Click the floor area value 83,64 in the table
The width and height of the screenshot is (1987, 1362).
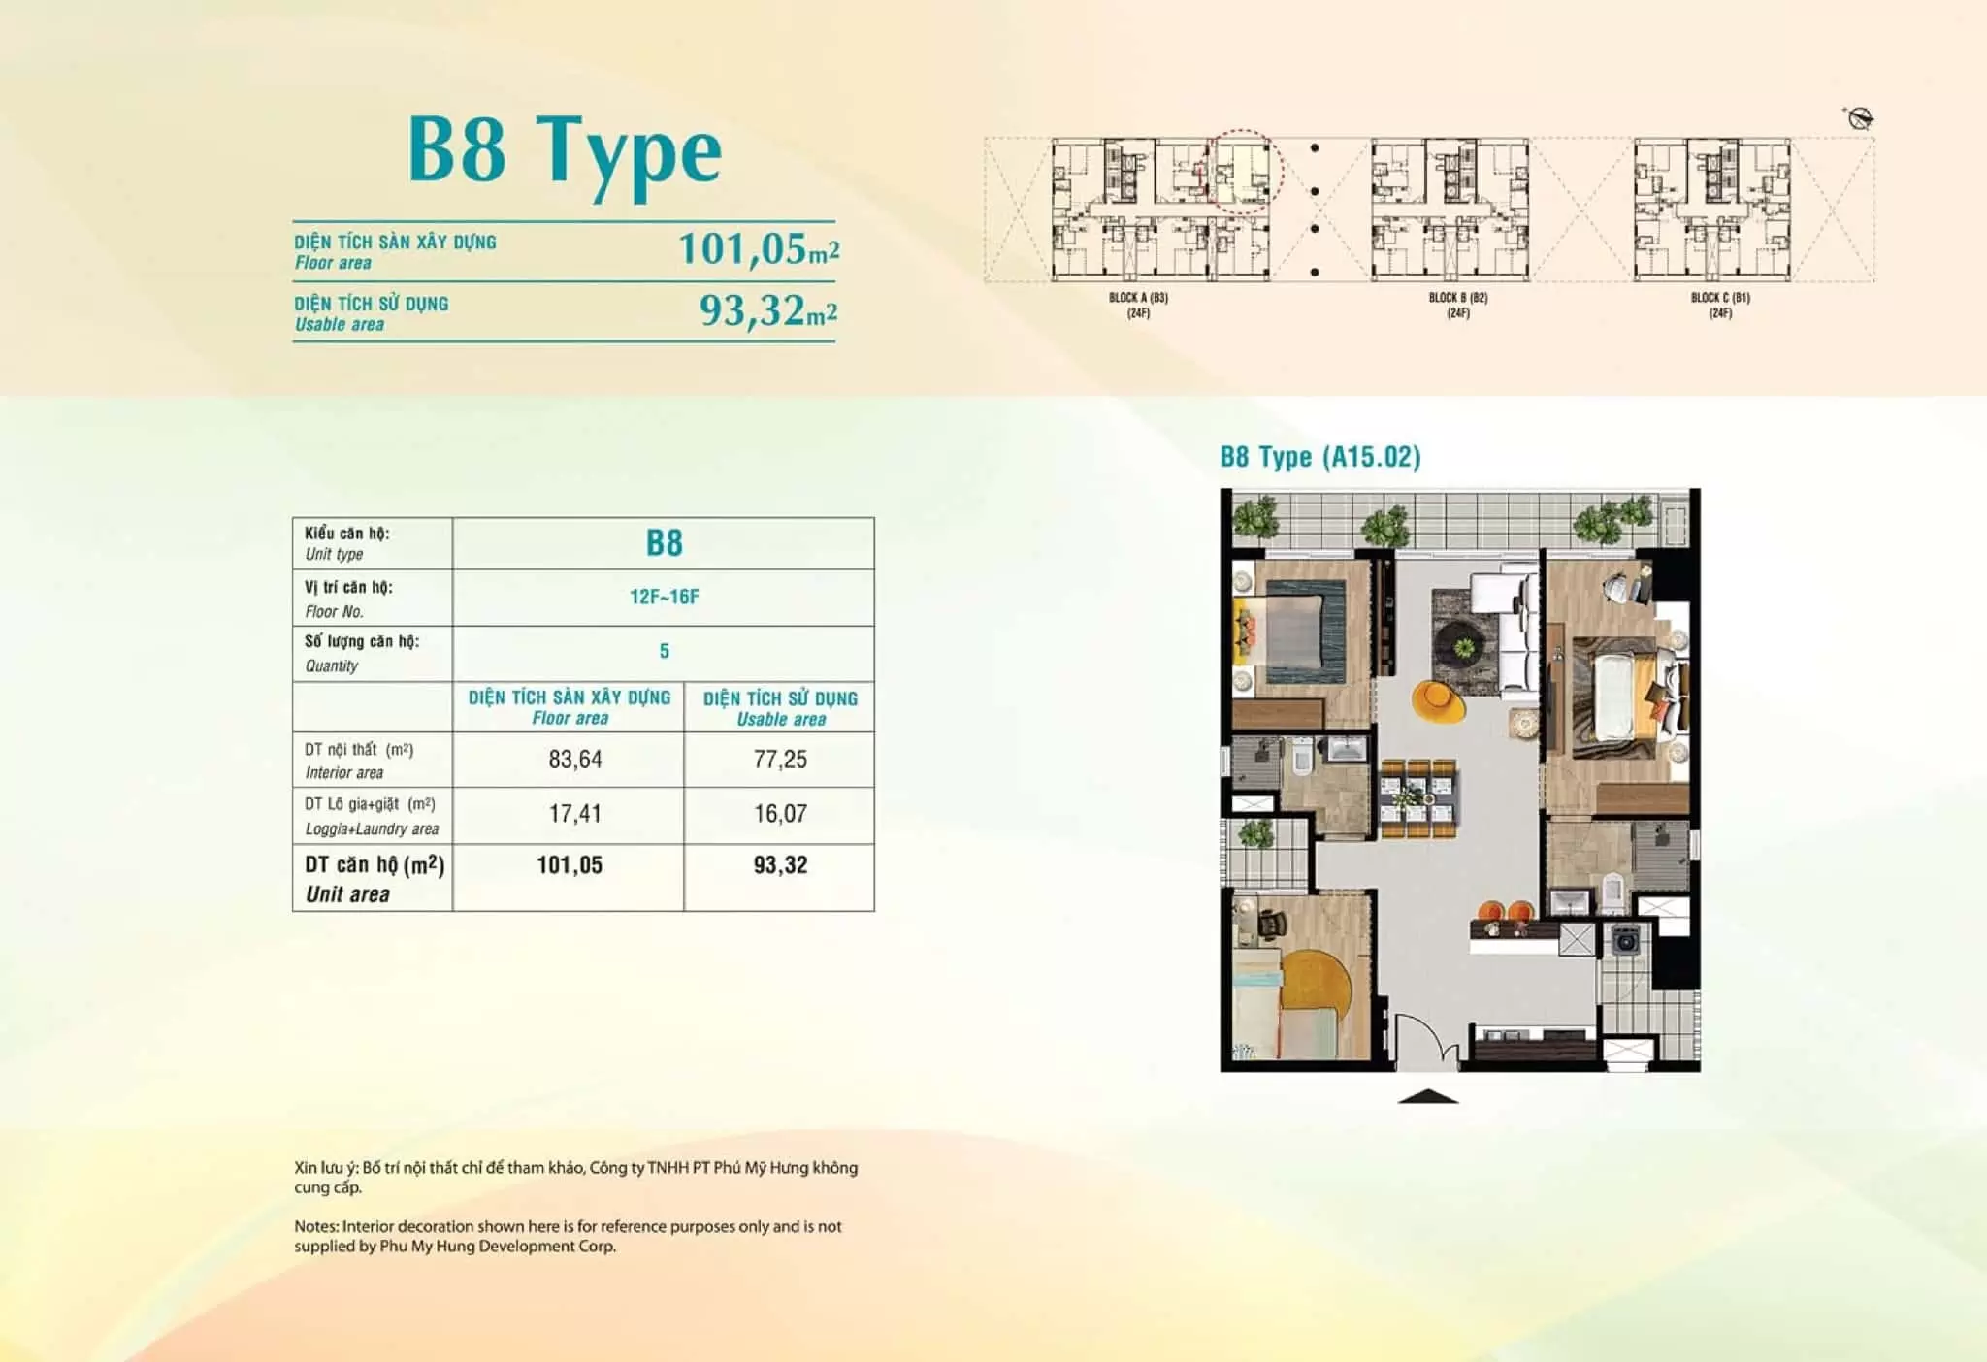pos(575,759)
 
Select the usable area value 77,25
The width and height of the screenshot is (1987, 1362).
pos(780,759)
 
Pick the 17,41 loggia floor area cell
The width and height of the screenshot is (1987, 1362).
pos(575,813)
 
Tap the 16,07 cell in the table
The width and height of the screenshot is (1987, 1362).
pos(780,813)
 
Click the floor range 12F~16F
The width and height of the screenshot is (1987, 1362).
pos(665,597)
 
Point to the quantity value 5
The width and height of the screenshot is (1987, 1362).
pos(665,651)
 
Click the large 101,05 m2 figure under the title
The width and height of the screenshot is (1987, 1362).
pos(759,248)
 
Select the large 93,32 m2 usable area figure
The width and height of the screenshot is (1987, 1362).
pos(768,310)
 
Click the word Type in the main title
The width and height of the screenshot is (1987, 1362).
pos(629,153)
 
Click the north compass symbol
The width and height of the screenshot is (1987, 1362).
pos(1860,119)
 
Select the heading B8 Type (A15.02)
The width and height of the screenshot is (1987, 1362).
pos(1320,457)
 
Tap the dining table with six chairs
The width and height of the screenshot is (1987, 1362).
pos(1417,797)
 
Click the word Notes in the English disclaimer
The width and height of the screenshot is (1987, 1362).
pos(315,1226)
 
